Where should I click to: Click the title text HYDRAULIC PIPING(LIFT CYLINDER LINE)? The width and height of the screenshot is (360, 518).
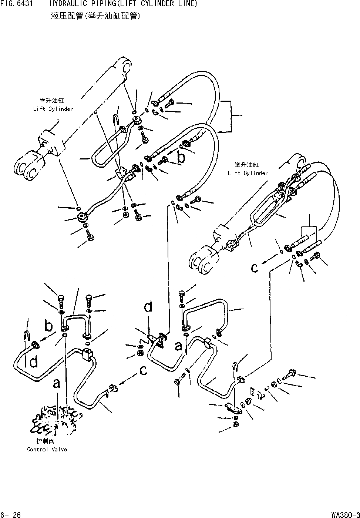(124, 4)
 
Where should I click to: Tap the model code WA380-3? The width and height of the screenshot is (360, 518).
(345, 514)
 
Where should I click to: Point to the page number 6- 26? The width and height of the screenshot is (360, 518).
(11, 514)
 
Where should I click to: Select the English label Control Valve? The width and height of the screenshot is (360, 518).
(47, 449)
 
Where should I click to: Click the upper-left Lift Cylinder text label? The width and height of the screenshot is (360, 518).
(53, 109)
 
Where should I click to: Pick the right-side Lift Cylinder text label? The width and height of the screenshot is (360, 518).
(248, 173)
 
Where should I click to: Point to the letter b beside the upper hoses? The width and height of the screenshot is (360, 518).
(181, 157)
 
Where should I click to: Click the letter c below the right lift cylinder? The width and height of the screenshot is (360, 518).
(255, 268)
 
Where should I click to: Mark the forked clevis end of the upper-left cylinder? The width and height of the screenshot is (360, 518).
(29, 166)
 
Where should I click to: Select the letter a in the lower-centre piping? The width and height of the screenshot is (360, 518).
(179, 346)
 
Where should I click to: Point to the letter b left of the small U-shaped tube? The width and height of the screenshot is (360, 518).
(48, 326)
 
